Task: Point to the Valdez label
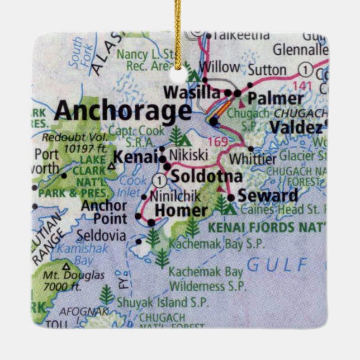[x=296, y=127]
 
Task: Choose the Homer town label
[x=180, y=211]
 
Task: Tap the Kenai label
[x=134, y=157]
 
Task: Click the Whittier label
[x=253, y=159]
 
